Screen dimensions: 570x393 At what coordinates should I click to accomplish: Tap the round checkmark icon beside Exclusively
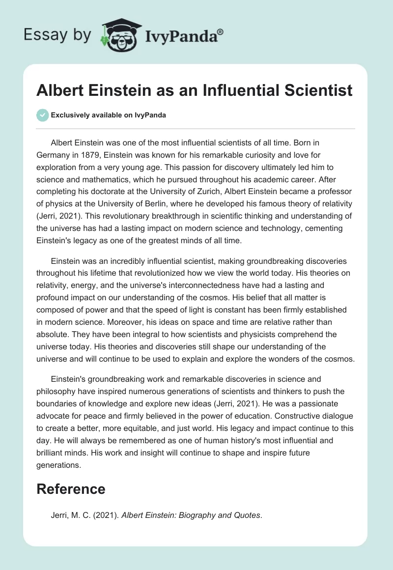tap(43, 115)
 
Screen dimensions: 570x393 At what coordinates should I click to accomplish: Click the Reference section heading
tap(71, 488)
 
